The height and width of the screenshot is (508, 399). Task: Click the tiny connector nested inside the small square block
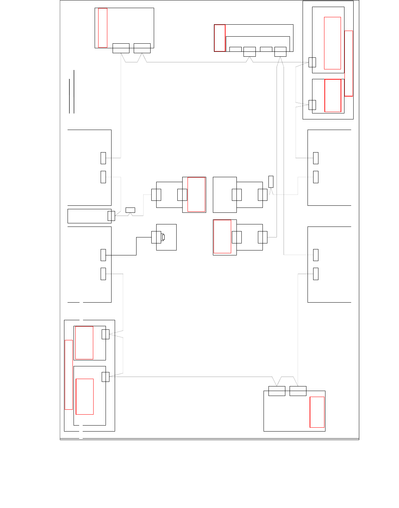[x=163, y=237]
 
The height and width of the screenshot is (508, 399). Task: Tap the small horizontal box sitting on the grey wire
[x=130, y=210]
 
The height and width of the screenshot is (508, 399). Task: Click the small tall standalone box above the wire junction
[x=271, y=181]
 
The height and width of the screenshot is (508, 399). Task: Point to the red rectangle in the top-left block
[x=103, y=28]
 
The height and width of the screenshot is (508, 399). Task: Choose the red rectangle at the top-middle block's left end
[x=220, y=38]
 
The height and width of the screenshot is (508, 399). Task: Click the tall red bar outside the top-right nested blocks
[x=348, y=63]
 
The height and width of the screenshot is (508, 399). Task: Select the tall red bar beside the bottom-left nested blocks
[x=69, y=374]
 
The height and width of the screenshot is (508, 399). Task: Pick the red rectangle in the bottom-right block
[x=317, y=412]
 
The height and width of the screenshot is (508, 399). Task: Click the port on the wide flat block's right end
[x=111, y=216]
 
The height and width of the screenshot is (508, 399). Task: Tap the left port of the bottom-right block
[x=277, y=391]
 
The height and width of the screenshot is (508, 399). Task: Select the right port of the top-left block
[x=142, y=48]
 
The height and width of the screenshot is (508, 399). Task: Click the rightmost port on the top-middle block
[x=280, y=51]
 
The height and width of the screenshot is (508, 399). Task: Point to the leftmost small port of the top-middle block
[x=235, y=49]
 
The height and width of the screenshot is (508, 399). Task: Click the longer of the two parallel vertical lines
[x=74, y=92]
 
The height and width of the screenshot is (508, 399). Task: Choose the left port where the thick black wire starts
[x=103, y=255]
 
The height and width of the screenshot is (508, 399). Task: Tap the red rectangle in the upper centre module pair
[x=196, y=194]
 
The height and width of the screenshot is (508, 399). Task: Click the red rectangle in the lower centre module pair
[x=222, y=236]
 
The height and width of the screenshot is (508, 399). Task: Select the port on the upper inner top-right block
[x=312, y=62]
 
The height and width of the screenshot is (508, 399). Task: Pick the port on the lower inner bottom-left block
[x=105, y=377]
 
